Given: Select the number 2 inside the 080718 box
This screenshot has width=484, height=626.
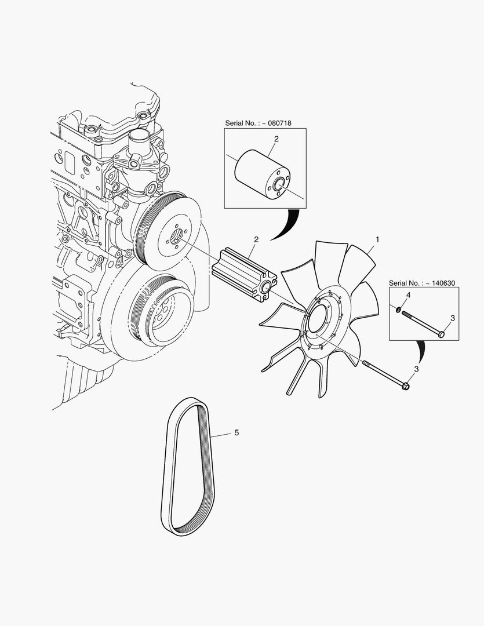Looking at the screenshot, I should tap(276, 139).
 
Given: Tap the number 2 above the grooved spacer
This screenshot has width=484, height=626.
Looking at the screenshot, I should tap(256, 239).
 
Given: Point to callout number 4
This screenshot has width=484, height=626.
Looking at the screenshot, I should tap(408, 296).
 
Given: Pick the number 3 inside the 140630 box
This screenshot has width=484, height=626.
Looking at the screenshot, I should tap(452, 319).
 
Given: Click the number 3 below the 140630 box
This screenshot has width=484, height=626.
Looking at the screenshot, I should tap(416, 369).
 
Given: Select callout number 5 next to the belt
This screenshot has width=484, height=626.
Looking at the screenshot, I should tap(236, 432).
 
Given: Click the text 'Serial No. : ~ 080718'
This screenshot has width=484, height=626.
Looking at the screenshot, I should tap(258, 123).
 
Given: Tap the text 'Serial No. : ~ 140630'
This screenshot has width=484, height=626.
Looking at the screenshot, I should tap(422, 283).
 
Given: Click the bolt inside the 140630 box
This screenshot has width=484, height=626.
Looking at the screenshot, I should tap(422, 323).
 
